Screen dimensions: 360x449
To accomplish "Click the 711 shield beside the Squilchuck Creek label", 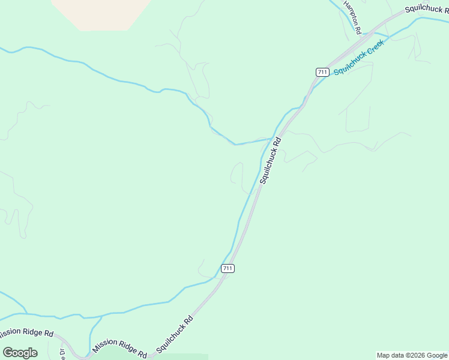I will click(322, 72).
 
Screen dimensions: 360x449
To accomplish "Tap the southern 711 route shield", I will click(227, 268).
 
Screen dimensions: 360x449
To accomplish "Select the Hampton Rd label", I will click(352, 17).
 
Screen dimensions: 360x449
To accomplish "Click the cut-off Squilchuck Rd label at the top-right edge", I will click(426, 8).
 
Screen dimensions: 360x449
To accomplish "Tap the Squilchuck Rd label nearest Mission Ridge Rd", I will click(175, 334).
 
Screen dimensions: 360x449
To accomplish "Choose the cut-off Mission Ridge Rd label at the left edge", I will click(26, 333).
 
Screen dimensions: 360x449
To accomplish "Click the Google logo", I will click(20, 353).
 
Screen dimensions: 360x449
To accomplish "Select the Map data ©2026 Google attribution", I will click(412, 355).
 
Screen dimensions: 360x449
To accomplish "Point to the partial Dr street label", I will click(62, 354).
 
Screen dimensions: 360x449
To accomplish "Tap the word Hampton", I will click(350, 12).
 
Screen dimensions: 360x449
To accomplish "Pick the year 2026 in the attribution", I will click(414, 355).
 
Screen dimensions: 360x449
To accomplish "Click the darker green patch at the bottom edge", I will click(180, 357).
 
